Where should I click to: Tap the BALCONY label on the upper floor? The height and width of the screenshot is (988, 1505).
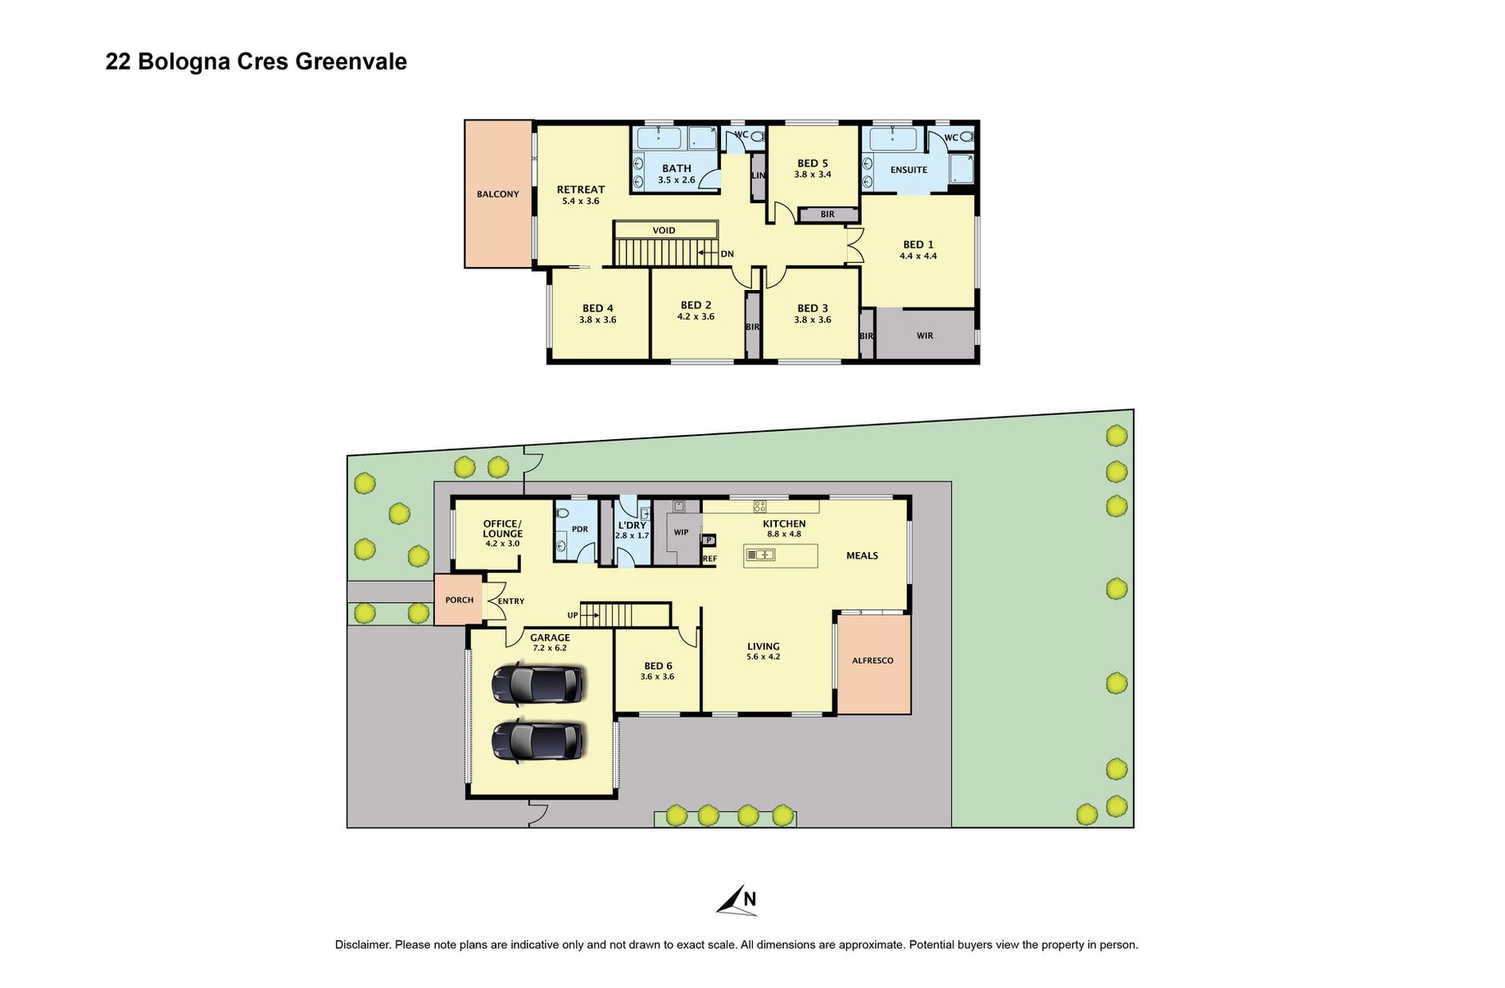pos(497,194)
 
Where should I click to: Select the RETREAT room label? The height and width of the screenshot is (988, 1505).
pos(580,189)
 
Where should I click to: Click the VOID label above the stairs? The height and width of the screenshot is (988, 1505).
pos(664,230)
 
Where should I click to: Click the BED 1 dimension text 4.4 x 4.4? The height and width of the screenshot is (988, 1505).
pos(918,256)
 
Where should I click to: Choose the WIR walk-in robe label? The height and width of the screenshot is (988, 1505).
pos(924,336)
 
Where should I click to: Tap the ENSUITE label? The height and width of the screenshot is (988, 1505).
pos(909,170)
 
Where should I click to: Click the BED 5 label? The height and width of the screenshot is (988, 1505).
pos(812,163)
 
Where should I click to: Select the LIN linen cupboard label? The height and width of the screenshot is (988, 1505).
pos(758,175)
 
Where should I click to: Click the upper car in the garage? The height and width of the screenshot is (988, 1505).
pos(538,683)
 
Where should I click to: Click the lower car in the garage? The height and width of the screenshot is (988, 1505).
pos(538,741)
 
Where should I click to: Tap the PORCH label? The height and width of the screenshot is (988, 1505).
pos(459,600)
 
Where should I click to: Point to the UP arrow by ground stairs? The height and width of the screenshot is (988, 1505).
pos(583,615)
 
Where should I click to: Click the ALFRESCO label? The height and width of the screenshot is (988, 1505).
pos(873,660)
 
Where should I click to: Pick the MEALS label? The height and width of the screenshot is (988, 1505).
pos(861,555)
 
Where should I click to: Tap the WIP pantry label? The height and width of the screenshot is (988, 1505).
pos(681,533)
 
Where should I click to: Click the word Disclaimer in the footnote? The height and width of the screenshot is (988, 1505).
pos(361,945)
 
